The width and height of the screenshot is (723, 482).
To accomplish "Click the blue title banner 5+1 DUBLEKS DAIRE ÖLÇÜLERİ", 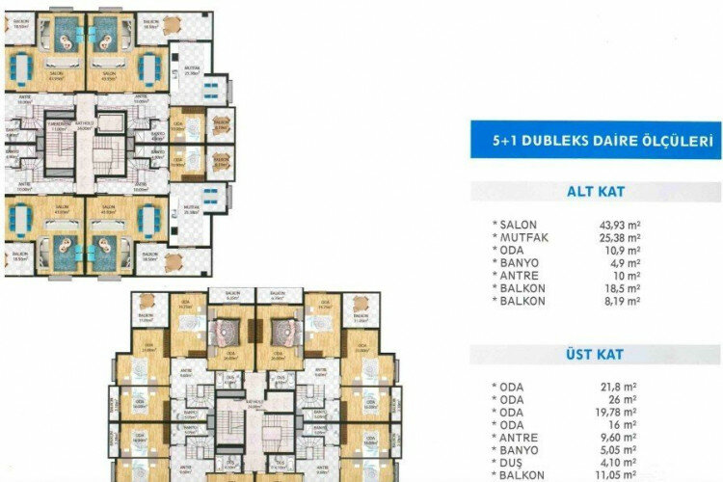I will pos(596,141).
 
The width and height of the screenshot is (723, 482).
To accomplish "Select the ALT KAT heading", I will pos(596,191).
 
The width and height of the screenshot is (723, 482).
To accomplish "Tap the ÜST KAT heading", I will pos(596,356).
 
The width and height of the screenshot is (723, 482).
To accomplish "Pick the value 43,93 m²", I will pos(620,226).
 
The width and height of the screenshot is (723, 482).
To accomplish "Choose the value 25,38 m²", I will pos(620,238).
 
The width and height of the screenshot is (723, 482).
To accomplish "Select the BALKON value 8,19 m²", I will pos(620,301).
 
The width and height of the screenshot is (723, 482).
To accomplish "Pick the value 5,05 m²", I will pos(620,449).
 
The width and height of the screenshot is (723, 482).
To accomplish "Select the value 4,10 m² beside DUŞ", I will pos(620,462).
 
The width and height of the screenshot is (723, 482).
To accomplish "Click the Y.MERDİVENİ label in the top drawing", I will pos(62,124).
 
